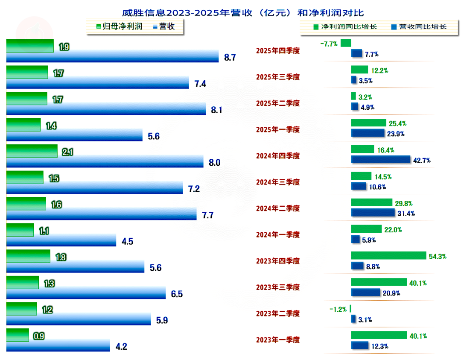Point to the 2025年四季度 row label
coord(278,50)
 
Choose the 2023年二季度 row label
coord(278,313)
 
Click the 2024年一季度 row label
coord(278,234)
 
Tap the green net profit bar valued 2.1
coord(32,151)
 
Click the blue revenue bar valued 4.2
coord(58,346)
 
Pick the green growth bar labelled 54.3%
coord(388,256)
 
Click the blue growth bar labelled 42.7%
coord(380,160)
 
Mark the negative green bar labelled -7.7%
coord(346,43)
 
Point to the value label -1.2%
coord(338,309)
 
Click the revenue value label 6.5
coord(177,294)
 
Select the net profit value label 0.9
coord(39,336)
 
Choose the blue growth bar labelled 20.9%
coord(365,292)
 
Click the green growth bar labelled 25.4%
coord(368,123)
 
